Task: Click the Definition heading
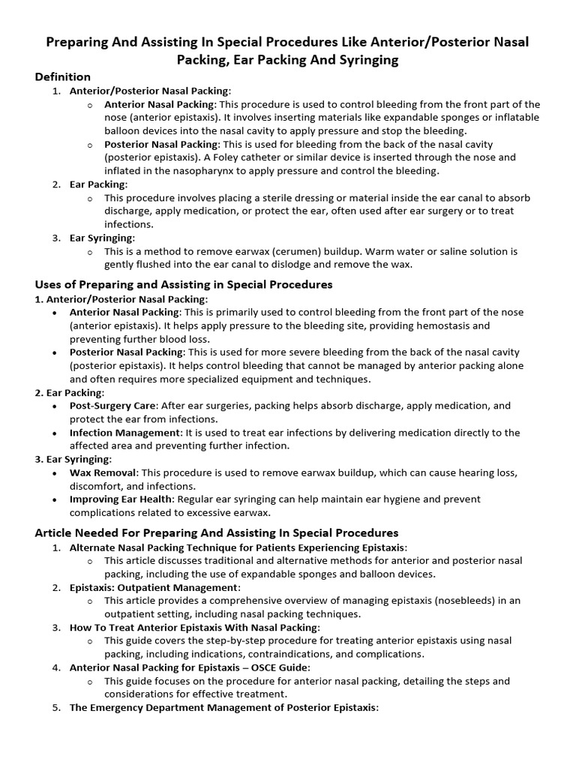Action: coord(63,76)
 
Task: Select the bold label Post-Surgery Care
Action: coord(112,405)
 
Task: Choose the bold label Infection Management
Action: coord(124,433)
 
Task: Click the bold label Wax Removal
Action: coord(103,473)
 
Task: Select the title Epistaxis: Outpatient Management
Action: coord(154,587)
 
